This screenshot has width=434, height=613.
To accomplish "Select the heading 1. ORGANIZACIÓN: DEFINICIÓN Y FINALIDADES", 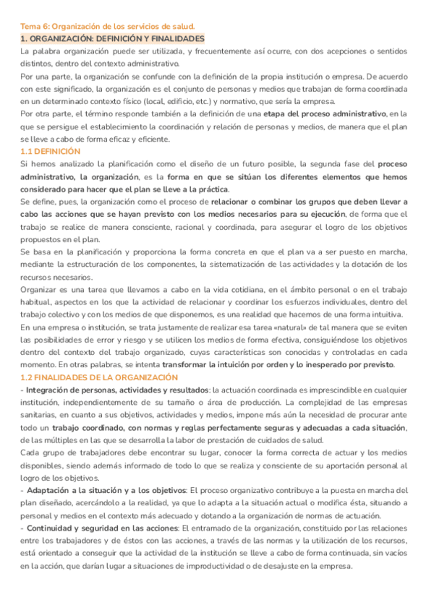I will click(113, 39).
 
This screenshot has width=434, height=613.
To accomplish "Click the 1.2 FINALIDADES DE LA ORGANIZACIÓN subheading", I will click(99, 377).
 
